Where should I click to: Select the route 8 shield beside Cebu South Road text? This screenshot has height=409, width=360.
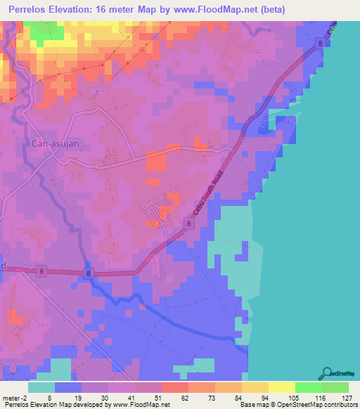[x=188, y=223]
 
